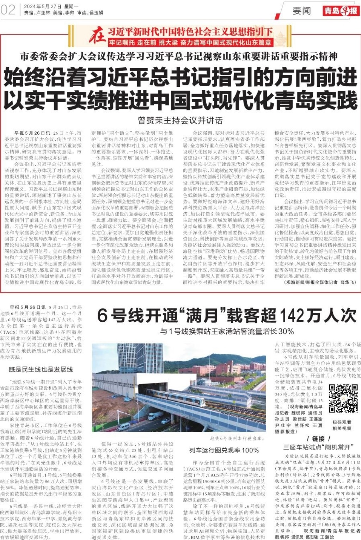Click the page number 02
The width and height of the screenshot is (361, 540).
pos(8,10)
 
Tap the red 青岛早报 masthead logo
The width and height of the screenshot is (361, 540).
pos(341,11)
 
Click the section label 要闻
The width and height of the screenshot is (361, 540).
pos(302,11)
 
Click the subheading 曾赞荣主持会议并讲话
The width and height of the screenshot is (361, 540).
pos(180,121)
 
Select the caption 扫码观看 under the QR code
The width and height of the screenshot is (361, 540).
pos(342,422)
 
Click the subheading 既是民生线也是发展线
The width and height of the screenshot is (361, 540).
pos(41,369)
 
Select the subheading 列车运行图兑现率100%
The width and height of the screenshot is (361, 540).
pos(224,450)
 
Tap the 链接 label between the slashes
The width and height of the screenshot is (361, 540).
pos(318,439)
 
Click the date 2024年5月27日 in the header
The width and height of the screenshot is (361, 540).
pos(43,7)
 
